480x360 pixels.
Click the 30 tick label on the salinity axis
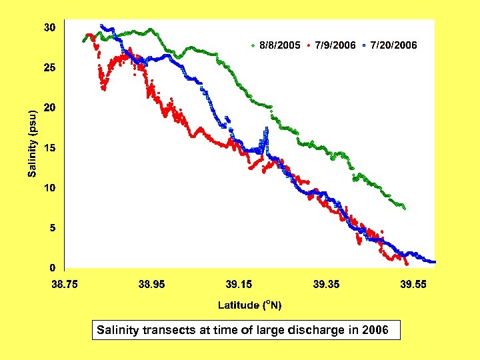[49, 28]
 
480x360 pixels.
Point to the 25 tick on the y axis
[49, 68]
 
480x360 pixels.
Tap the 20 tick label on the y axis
[49, 108]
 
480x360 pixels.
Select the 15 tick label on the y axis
[49, 148]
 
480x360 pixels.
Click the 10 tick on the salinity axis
[49, 188]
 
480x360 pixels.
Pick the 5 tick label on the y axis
[52, 228]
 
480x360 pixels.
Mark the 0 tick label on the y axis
[52, 268]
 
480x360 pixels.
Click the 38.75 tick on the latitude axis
[65, 284]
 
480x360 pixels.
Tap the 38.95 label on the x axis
[151, 284]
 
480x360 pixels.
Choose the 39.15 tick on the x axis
[239, 284]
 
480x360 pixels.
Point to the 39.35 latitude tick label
[326, 284]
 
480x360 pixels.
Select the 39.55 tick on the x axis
[413, 284]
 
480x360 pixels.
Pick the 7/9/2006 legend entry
[334, 45]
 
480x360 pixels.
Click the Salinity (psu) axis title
[32, 143]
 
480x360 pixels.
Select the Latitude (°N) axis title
[250, 305]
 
